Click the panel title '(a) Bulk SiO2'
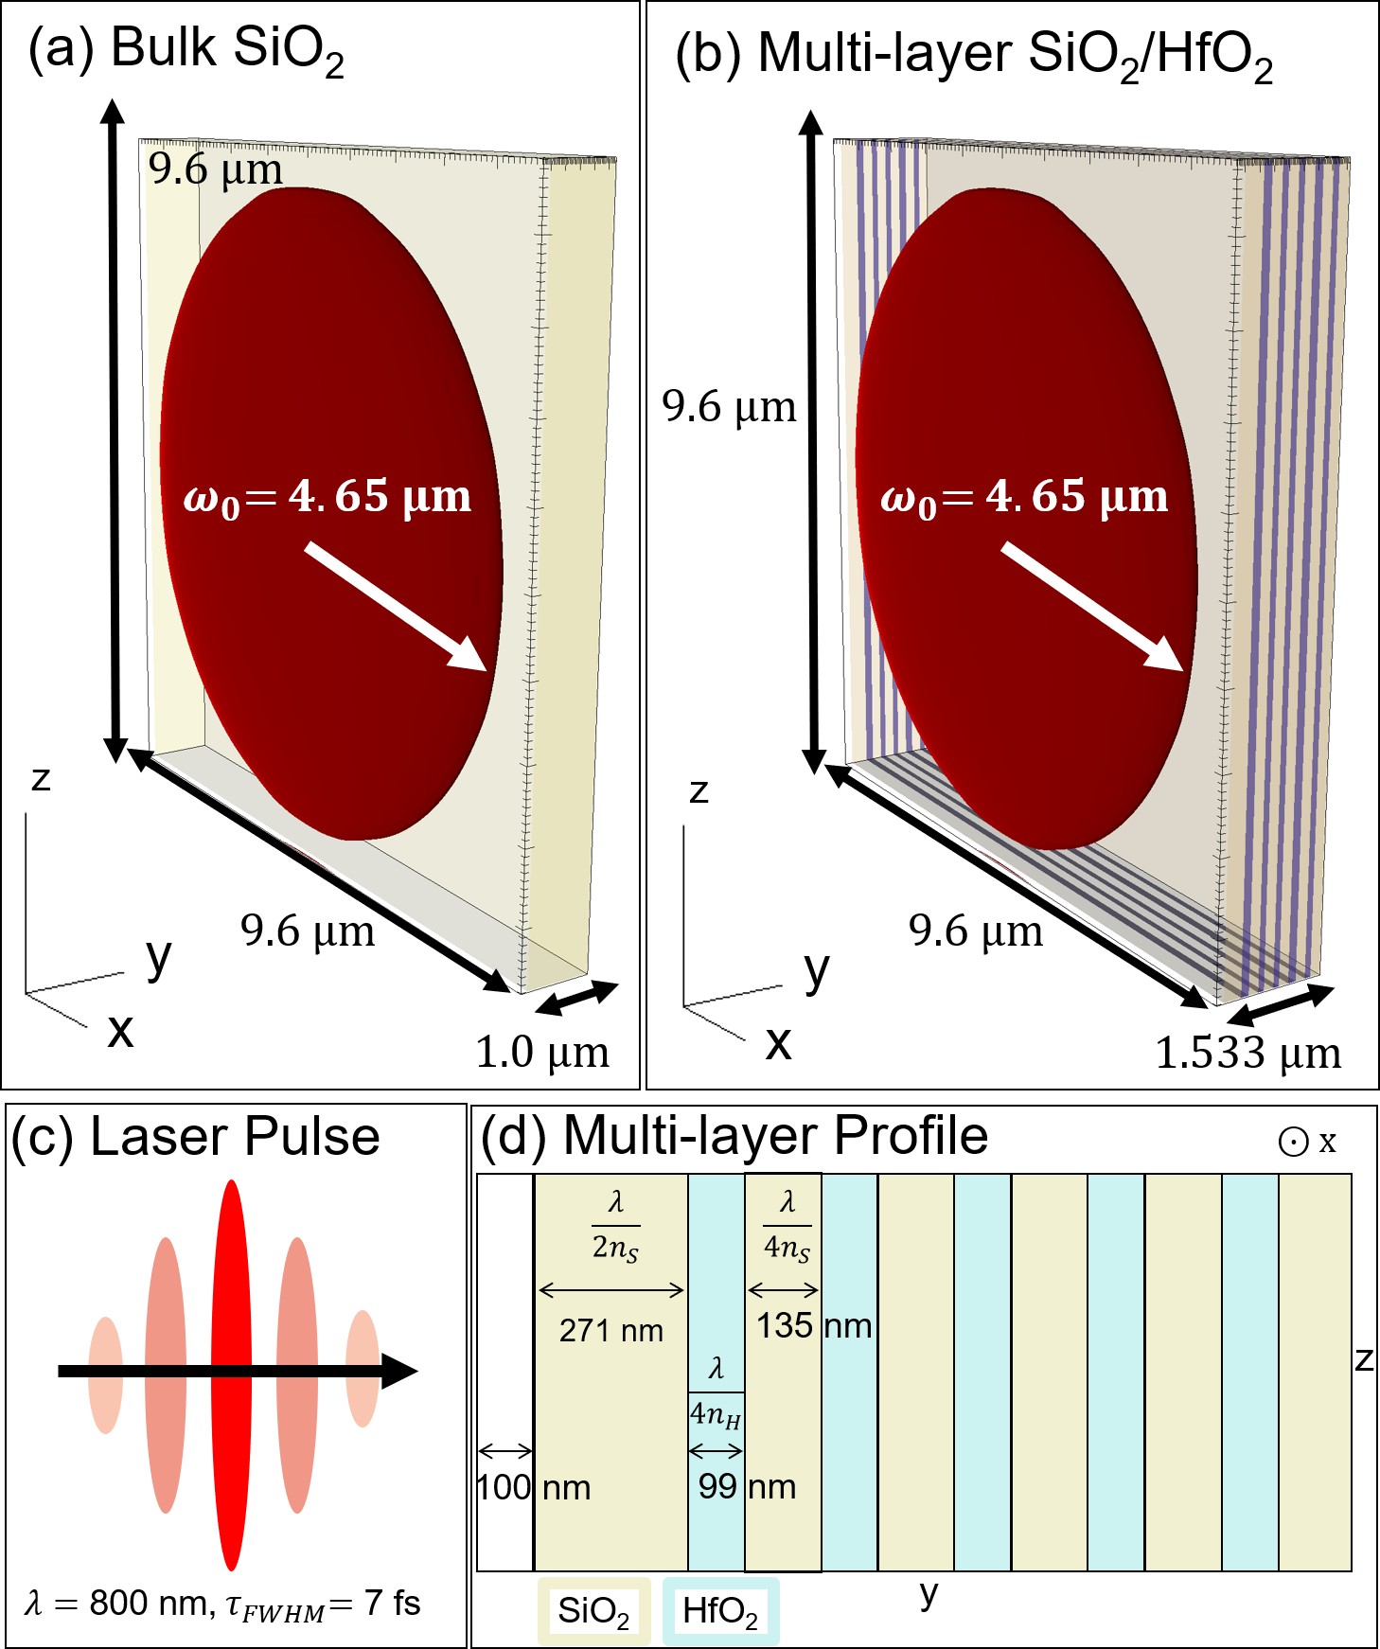(186, 49)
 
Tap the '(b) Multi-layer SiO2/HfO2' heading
(973, 55)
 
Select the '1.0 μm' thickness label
(541, 1053)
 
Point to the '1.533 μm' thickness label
(1247, 1053)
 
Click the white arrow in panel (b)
(1092, 607)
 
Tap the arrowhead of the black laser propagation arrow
(399, 1371)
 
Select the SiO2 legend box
(593, 1610)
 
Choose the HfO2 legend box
(720, 1610)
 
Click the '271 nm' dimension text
(610, 1331)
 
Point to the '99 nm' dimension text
(747, 1486)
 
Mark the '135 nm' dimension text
(813, 1325)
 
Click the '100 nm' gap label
(533, 1487)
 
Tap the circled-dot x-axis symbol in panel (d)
(1293, 1143)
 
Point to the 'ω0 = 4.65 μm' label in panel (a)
(327, 497)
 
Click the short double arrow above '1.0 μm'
(575, 998)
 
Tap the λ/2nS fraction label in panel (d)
(615, 1226)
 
